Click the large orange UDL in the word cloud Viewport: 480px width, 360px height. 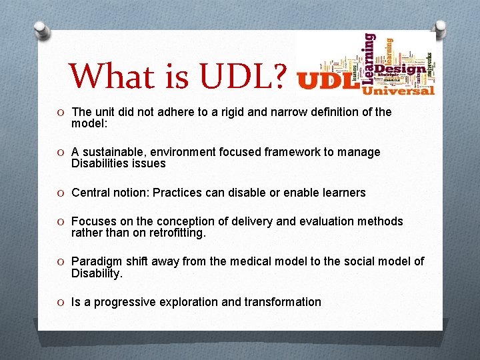(x=327, y=81)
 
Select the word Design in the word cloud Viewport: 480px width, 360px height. (x=399, y=69)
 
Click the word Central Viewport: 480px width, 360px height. (x=91, y=193)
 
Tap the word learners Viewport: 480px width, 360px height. (x=341, y=193)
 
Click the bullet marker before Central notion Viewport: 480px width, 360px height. (x=61, y=193)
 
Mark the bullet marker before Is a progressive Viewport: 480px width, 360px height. (x=61, y=303)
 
